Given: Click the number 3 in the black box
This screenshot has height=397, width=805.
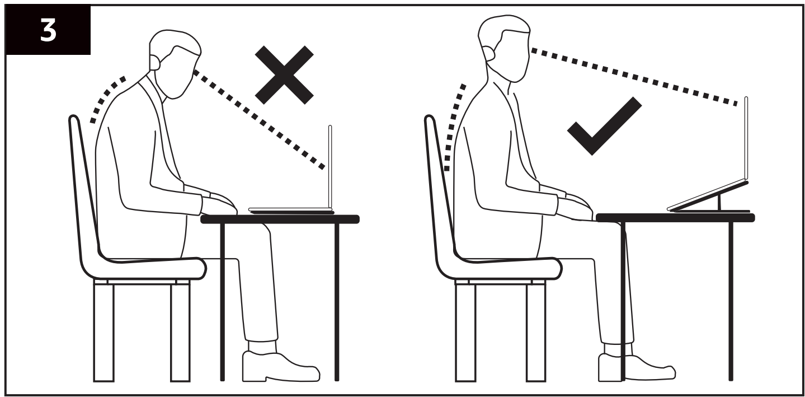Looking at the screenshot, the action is click(x=48, y=31).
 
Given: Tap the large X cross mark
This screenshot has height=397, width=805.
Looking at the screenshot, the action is click(x=284, y=75).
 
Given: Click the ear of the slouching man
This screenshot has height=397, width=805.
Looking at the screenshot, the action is click(x=155, y=62).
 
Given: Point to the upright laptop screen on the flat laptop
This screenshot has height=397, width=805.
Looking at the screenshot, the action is click(x=330, y=167).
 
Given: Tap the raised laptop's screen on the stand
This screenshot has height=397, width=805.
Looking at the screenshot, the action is click(x=746, y=138).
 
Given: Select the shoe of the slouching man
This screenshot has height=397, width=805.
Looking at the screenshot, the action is click(x=281, y=366).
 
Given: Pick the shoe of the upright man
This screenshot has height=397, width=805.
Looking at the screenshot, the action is click(x=637, y=367).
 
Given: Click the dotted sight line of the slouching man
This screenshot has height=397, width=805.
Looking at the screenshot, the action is click(x=259, y=119).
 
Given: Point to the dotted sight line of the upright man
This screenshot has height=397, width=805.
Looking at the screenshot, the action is click(x=634, y=77).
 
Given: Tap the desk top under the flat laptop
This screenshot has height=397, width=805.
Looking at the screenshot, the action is click(x=280, y=219).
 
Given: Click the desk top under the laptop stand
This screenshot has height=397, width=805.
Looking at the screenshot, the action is click(x=675, y=218).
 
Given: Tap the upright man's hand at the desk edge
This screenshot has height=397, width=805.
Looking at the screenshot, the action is click(x=575, y=208).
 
